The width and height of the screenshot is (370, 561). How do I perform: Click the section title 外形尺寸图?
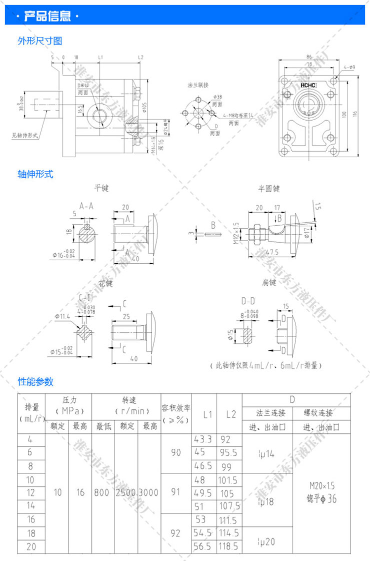click(40, 41)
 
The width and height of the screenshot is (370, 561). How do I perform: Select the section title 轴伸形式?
click(35, 174)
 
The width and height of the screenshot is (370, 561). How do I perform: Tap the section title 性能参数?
click(35, 382)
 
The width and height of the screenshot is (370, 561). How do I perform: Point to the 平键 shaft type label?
click(101, 189)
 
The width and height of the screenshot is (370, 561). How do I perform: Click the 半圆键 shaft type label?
click(269, 189)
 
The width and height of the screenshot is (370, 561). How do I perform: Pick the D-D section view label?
click(248, 301)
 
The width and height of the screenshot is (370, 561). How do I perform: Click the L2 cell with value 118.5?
click(229, 546)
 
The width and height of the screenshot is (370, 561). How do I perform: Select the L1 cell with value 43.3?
click(203, 439)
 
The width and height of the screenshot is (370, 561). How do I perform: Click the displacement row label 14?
click(31, 506)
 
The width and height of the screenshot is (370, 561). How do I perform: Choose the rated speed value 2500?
click(126, 493)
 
